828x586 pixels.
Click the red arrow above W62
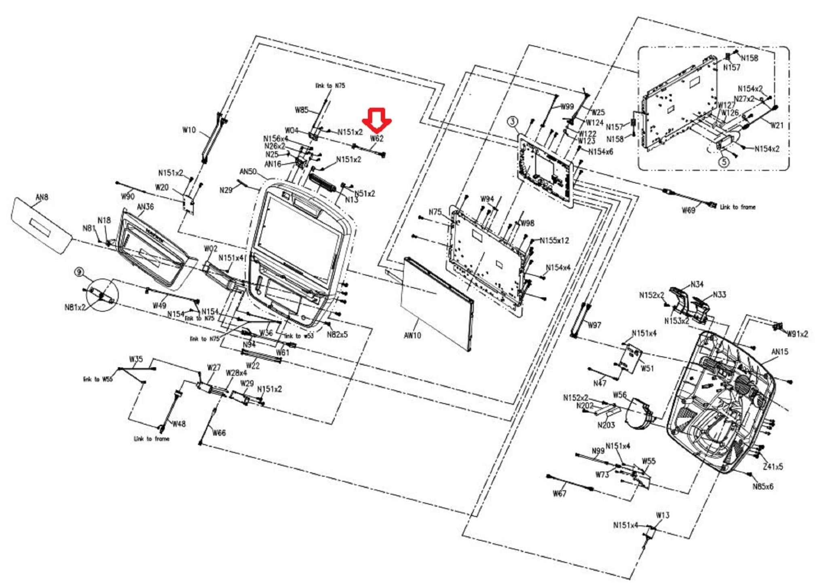click(x=376, y=120)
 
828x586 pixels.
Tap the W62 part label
click(x=377, y=138)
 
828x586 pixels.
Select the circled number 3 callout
click(x=513, y=121)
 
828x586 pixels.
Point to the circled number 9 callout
click(x=79, y=272)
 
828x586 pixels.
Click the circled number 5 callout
click(x=724, y=162)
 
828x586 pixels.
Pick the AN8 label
click(x=42, y=197)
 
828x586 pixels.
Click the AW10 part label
click(x=412, y=335)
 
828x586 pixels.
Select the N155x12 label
click(x=560, y=241)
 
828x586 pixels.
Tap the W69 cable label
click(x=688, y=210)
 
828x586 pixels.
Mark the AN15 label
click(x=779, y=352)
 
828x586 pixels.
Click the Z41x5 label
click(x=773, y=467)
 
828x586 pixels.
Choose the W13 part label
click(x=663, y=515)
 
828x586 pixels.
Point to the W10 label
click(x=189, y=130)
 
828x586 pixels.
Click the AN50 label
click(x=248, y=171)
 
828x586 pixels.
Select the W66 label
click(x=219, y=433)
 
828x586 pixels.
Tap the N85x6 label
click(x=763, y=487)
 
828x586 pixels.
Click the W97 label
click(x=594, y=325)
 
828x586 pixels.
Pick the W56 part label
click(x=619, y=395)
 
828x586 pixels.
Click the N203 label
click(x=606, y=425)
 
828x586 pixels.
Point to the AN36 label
click(x=146, y=207)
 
